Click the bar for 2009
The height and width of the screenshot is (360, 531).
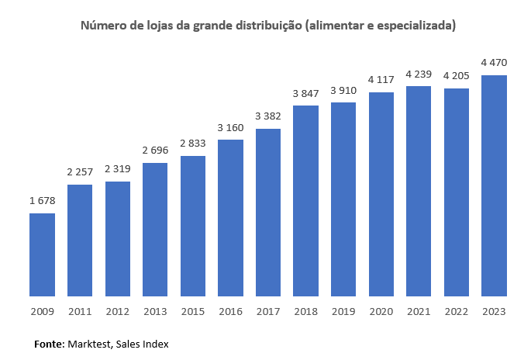[x=42, y=254]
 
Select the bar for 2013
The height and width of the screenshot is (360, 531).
[x=155, y=229]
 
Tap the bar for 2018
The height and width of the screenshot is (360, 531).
[x=305, y=200]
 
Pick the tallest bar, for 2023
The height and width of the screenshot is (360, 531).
[x=494, y=185]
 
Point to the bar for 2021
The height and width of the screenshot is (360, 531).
[x=419, y=191]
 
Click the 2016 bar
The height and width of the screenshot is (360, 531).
[x=230, y=217]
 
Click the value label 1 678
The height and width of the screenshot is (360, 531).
[x=42, y=201]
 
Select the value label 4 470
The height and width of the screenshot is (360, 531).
[x=494, y=63]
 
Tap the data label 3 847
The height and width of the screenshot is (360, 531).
[x=305, y=93]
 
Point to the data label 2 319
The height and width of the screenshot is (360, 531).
[x=117, y=169]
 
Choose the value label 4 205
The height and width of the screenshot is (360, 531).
[x=457, y=76]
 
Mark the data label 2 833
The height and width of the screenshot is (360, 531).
[x=192, y=144]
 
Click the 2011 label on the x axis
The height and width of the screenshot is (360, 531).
[x=80, y=311]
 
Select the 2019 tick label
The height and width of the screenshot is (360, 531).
[x=343, y=311]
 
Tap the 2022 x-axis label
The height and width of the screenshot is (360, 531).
[x=457, y=311]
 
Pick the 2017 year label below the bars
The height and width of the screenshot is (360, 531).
[x=268, y=311]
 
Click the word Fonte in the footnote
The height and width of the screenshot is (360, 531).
[x=48, y=343]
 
